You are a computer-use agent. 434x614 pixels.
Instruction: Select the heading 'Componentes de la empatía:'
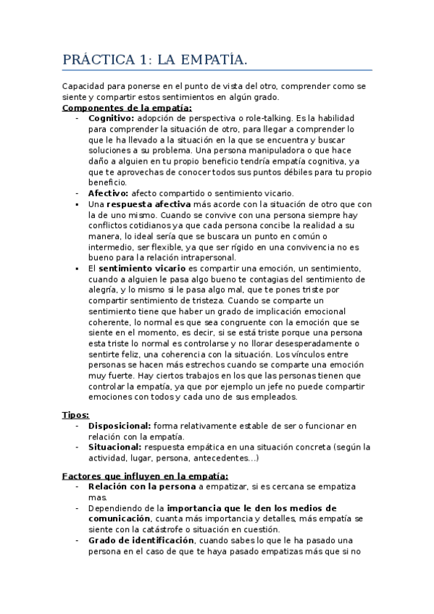coord(127,108)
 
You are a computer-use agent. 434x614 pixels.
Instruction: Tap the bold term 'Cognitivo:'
coord(111,117)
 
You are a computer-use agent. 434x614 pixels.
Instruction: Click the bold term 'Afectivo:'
coord(108,193)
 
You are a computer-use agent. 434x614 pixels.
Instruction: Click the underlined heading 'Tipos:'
coord(75,415)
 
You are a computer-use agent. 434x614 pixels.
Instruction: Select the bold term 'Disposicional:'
coord(120,426)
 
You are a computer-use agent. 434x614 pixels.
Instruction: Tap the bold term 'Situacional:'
coord(115,447)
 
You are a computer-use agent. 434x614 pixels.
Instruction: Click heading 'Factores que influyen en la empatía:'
coord(145,475)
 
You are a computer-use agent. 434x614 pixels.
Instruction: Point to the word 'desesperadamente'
coord(300,343)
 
